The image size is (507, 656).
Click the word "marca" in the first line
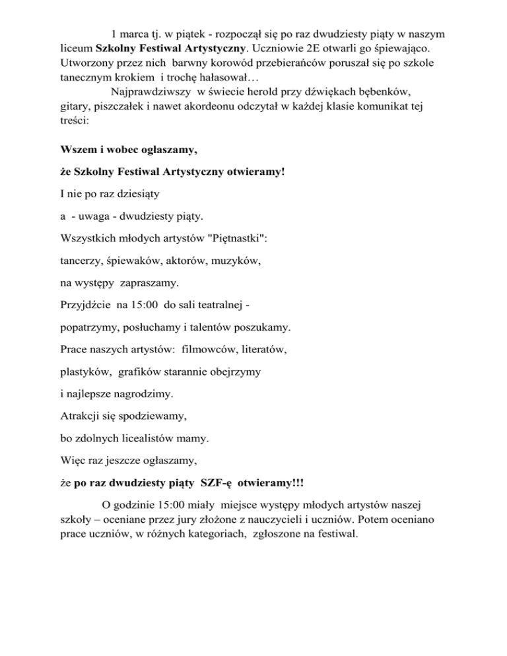pyautogui.click(x=134, y=33)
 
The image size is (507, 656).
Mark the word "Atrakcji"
pyautogui.click(x=80, y=417)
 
